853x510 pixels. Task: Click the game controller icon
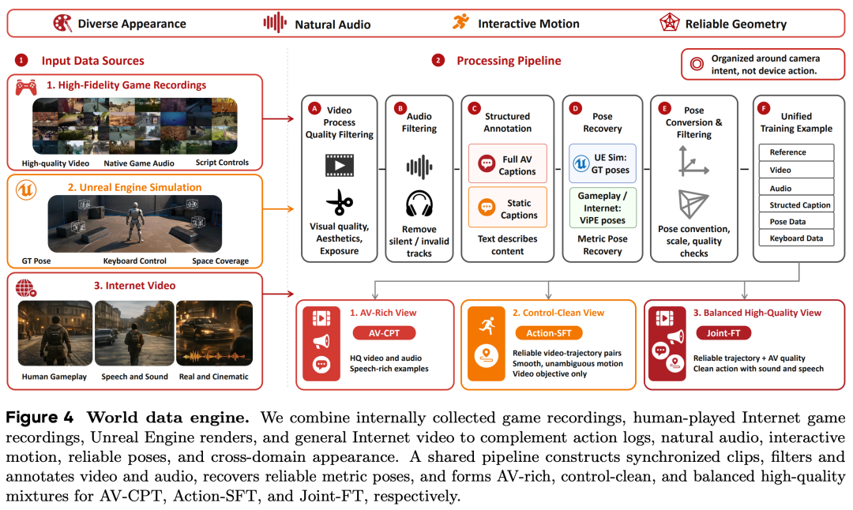click(x=26, y=87)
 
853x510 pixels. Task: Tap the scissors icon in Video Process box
click(x=340, y=202)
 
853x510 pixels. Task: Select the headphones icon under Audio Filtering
click(x=419, y=204)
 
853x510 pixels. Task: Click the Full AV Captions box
click(x=508, y=163)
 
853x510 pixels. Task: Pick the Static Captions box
click(x=508, y=207)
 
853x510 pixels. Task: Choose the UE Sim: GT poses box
click(x=602, y=163)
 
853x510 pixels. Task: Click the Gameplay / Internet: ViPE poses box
click(x=602, y=208)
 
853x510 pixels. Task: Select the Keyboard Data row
click(x=796, y=238)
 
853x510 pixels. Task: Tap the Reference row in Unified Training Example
click(x=796, y=152)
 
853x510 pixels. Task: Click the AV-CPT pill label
click(x=384, y=332)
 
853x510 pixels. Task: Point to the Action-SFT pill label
click(x=548, y=332)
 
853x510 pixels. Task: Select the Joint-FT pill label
click(x=723, y=332)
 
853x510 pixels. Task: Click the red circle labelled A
click(x=314, y=108)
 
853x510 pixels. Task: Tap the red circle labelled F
click(x=764, y=108)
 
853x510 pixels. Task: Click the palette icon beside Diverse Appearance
click(x=62, y=23)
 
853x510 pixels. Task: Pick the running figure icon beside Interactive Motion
click(x=460, y=22)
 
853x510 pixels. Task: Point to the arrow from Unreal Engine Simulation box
click(x=279, y=208)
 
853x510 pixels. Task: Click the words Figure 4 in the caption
click(x=39, y=418)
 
